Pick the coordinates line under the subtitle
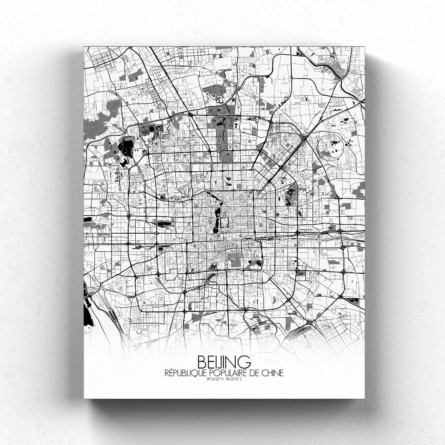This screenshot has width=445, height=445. click(223, 380)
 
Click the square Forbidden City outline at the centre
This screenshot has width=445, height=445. click(225, 222)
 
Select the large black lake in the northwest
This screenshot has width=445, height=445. click(126, 147)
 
